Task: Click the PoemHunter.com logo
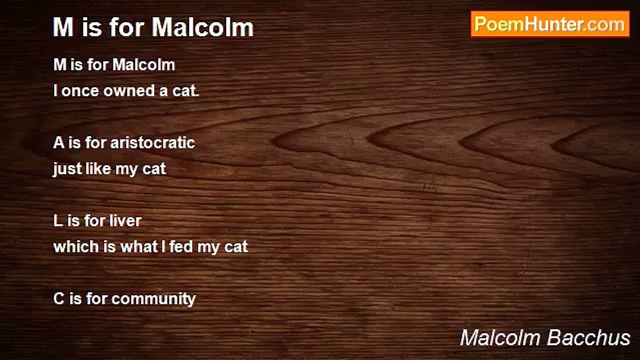[550, 24]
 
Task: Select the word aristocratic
[152, 143]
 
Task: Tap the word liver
[125, 221]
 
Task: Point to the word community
[153, 299]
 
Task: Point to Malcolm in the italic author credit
[500, 338]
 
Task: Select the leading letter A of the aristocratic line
[58, 143]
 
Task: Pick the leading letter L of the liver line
[57, 221]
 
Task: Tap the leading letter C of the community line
[59, 299]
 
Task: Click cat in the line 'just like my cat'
[154, 169]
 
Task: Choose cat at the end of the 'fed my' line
[235, 247]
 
